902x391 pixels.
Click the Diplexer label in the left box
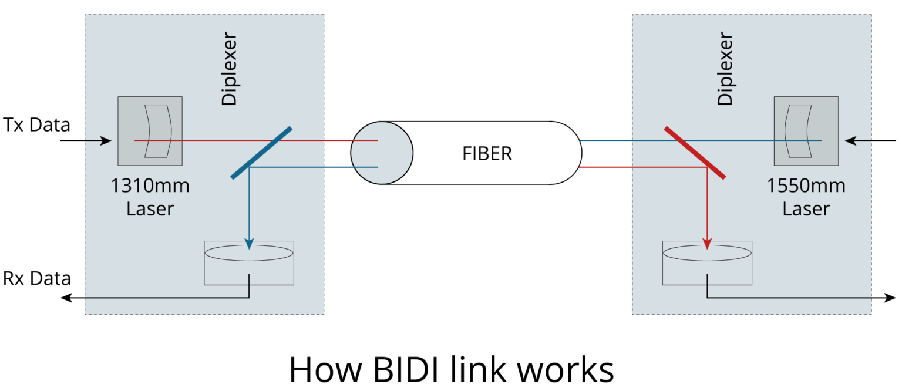tap(229, 69)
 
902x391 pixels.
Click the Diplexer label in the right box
tap(726, 69)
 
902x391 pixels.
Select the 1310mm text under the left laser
tap(150, 186)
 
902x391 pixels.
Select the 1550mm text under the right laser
tap(806, 186)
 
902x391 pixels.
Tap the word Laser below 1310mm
tap(150, 208)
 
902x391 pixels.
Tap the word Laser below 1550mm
tap(806, 208)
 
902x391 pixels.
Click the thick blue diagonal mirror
tap(261, 153)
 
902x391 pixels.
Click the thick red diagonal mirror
tap(695, 153)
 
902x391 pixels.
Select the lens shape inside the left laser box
tap(157, 131)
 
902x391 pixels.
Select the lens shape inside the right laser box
tap(799, 131)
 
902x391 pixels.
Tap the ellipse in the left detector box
tap(249, 253)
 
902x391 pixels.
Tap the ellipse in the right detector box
tap(707, 253)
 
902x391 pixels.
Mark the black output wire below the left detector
tap(176, 297)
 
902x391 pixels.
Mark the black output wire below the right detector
tap(787, 297)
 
